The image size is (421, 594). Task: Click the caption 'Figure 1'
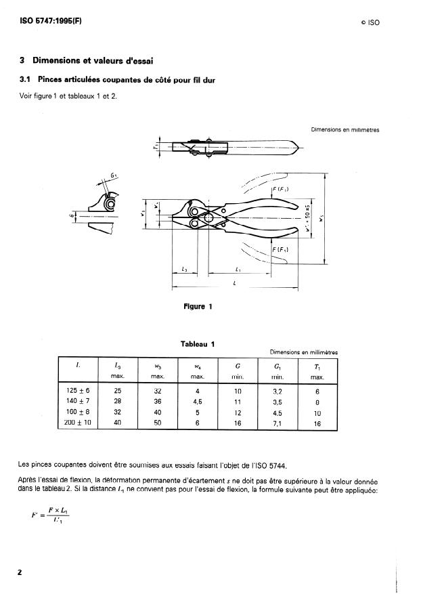(198, 306)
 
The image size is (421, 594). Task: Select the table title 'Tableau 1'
(198, 343)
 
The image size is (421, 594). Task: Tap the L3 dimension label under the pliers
(184, 270)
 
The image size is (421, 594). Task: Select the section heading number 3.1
(27, 80)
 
